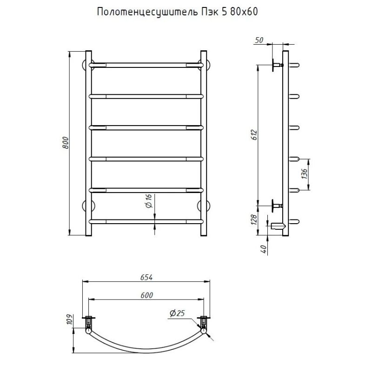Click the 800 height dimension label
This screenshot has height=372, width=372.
tap(66, 143)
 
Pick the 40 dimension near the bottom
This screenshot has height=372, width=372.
tap(264, 249)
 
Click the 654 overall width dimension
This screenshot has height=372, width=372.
tap(146, 277)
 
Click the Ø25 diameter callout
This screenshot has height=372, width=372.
tap(177, 314)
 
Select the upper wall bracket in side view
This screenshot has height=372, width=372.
tap(276, 65)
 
